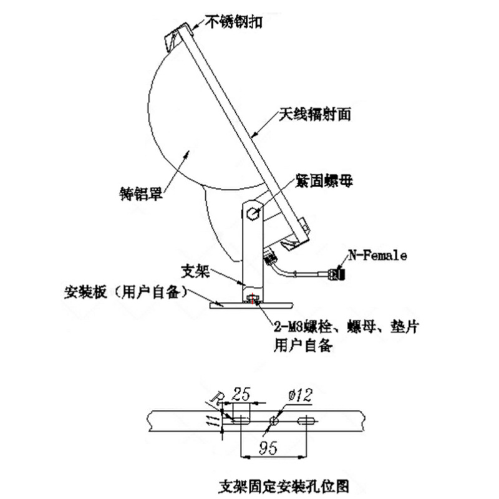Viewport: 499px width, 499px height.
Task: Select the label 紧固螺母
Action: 328,182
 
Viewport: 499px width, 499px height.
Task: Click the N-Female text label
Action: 377,255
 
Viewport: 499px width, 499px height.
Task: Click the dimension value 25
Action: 241,394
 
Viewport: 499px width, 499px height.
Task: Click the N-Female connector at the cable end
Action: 338,273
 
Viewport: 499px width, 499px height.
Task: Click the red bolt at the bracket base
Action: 253,301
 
